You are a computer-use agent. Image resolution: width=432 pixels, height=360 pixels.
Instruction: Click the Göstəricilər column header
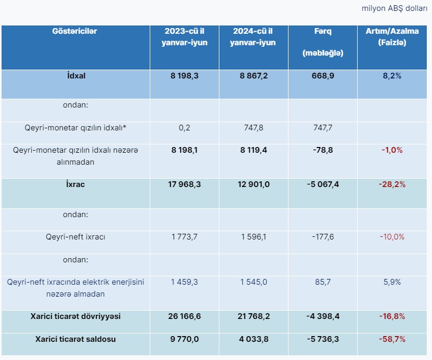(75, 31)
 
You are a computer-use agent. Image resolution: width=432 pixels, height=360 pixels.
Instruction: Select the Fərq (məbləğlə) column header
(322, 42)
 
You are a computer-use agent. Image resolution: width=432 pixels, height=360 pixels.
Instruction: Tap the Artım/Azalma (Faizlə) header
(392, 37)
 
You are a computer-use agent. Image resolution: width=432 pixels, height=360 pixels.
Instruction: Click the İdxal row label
(75, 75)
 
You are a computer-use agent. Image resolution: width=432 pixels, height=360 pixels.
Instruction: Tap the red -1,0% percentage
(392, 150)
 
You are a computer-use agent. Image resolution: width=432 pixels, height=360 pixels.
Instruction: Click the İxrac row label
(75, 185)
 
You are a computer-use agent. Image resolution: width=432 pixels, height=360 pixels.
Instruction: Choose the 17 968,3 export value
(184, 185)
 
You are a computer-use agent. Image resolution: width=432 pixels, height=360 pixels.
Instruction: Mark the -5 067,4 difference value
(322, 185)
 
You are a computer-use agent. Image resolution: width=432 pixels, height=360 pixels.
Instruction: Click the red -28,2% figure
(392, 185)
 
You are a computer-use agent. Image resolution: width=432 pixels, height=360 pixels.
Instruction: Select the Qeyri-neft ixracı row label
(75, 237)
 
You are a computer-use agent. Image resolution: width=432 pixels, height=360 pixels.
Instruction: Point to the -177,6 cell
(322, 237)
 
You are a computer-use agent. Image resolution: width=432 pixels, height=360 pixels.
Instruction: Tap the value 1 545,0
(253, 282)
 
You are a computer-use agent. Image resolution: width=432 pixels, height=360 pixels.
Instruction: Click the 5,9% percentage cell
(392, 282)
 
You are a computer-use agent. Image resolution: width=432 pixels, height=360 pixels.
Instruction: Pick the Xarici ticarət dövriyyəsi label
(75, 316)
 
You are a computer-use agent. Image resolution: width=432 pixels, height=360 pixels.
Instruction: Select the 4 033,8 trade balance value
(253, 339)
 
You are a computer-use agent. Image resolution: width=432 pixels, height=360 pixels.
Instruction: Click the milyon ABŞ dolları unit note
(394, 9)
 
